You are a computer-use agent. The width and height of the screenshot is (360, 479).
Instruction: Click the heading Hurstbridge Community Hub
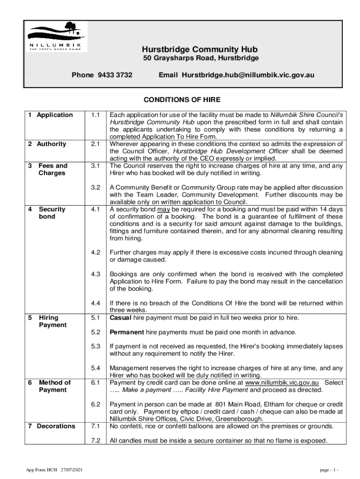tap(200, 50)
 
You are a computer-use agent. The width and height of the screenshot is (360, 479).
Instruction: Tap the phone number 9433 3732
tap(115, 75)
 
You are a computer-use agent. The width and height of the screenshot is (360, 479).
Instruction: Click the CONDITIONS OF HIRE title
tap(181, 100)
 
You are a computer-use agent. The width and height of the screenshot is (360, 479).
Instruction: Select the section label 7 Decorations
tap(51, 426)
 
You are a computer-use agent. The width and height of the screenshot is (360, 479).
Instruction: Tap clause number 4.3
tap(95, 274)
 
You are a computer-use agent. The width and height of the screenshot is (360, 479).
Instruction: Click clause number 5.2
tap(95, 332)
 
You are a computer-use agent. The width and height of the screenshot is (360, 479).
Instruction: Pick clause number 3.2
tap(95, 188)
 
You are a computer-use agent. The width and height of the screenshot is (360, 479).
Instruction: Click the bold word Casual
tap(121, 318)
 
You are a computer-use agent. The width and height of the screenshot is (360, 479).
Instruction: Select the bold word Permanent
tap(127, 332)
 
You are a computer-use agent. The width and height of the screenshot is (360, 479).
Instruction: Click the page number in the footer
tap(330, 469)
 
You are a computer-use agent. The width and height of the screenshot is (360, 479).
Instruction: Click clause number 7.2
tap(95, 441)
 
